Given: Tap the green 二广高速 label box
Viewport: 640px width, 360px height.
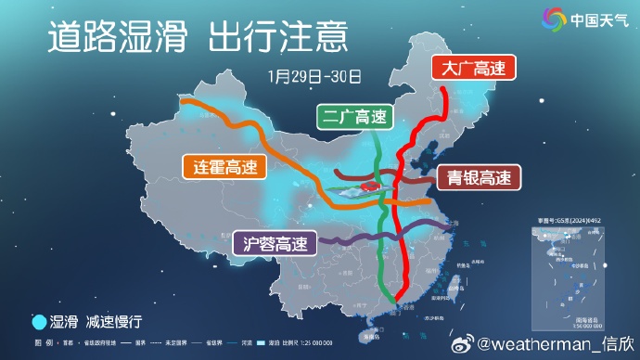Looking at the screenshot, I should (x=353, y=117).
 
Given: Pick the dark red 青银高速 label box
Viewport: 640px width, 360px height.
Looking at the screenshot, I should (x=477, y=176).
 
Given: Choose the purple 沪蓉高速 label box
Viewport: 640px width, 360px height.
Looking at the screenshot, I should (x=274, y=244).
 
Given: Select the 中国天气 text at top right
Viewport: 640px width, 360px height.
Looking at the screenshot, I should (x=598, y=19).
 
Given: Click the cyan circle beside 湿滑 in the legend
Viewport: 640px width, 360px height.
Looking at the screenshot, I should (x=39, y=322).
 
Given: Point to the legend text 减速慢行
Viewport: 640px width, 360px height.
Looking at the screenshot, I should (x=115, y=322).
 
